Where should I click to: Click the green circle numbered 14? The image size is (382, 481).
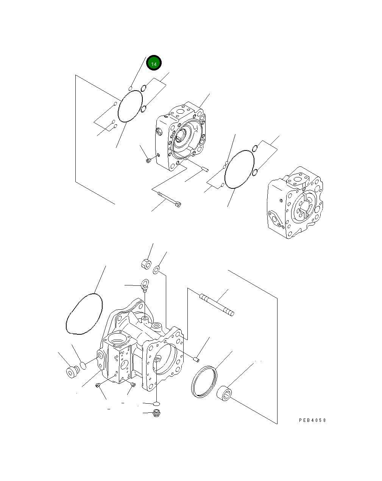coord(154,64)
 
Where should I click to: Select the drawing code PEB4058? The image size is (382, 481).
coord(312,420)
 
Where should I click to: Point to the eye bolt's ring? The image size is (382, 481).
coord(145,283)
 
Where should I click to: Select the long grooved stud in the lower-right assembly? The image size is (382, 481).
coord(217,304)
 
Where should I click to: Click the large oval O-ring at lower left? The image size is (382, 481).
coord(84,314)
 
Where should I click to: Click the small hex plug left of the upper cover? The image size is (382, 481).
coord(148,161)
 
